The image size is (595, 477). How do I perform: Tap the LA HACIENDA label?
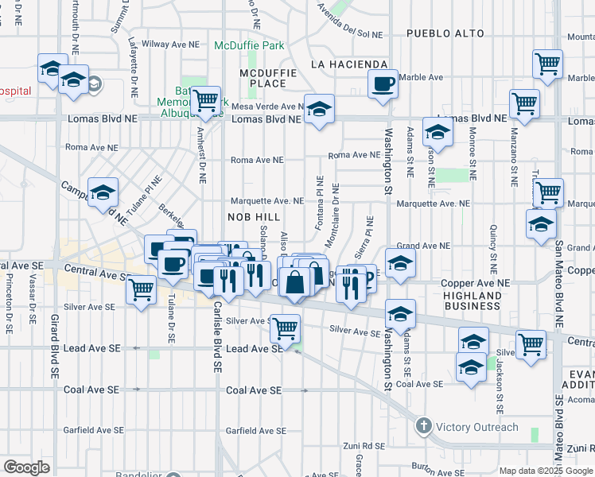(x=348, y=64)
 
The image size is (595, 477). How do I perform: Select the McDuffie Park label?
(x=249, y=45)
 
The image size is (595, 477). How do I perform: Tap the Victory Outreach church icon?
(x=423, y=427)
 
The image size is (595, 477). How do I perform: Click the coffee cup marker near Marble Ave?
(x=383, y=83)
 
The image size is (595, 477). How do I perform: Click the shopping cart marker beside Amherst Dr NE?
(x=206, y=100)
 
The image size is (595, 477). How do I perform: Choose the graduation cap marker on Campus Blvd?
(x=103, y=193)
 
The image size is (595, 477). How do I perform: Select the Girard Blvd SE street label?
(x=54, y=339)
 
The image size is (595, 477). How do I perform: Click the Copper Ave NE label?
(x=480, y=283)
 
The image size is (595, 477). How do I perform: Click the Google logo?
(x=26, y=467)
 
